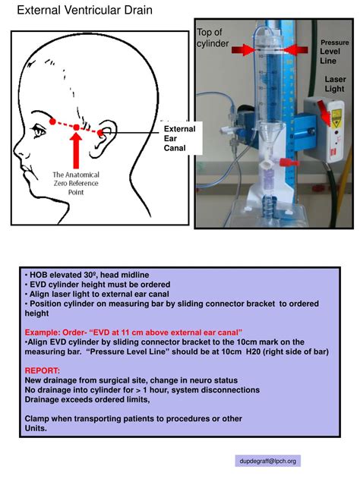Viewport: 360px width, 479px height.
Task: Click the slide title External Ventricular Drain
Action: click(84, 11)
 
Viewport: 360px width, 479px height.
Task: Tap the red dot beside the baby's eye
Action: click(52, 121)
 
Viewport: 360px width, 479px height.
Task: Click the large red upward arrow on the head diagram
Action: click(77, 149)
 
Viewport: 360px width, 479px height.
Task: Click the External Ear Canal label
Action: click(179, 138)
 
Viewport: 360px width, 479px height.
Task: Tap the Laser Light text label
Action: click(335, 84)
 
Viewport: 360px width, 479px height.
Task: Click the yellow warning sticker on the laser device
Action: click(335, 116)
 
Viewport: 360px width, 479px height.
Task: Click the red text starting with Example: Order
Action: click(134, 332)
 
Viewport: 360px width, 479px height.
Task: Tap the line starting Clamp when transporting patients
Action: click(134, 418)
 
